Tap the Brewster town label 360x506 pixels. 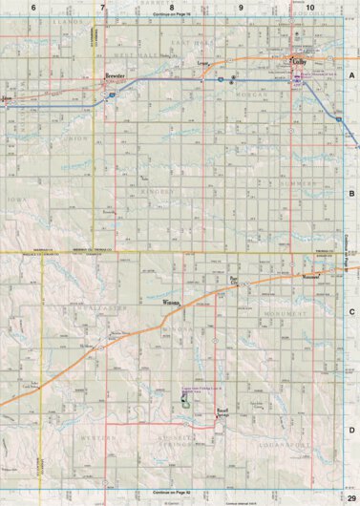[116, 74]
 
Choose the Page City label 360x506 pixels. [235, 282]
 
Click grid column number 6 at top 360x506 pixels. [33, 8]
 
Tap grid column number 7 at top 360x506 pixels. [102, 8]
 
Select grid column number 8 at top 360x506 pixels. [172, 8]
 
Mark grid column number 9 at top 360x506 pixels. [241, 8]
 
